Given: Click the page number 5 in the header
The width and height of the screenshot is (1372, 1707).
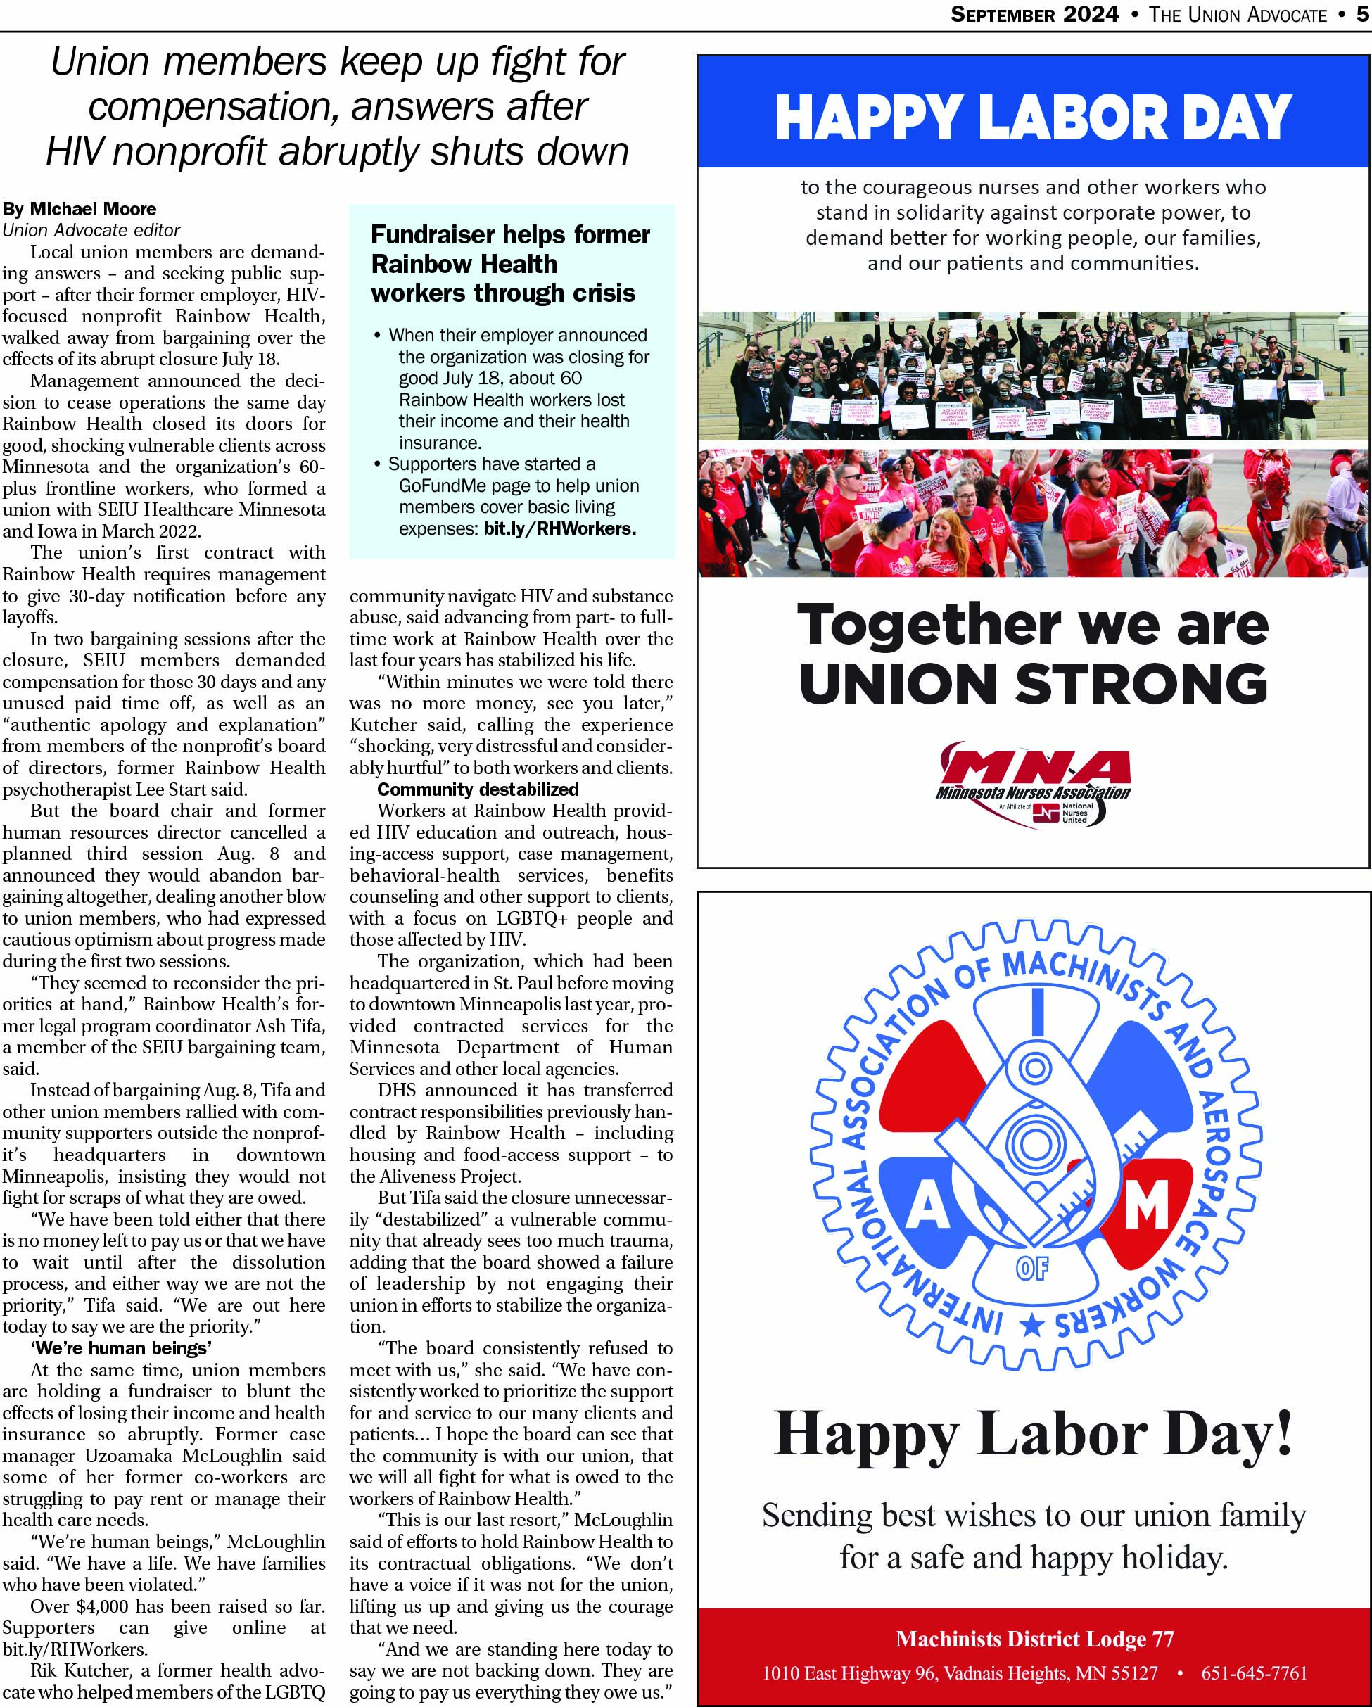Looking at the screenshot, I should (x=1361, y=14).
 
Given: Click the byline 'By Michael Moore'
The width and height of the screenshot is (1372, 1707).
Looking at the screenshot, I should (x=80, y=209).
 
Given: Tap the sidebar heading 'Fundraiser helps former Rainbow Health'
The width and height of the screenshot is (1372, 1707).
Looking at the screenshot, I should (x=510, y=248).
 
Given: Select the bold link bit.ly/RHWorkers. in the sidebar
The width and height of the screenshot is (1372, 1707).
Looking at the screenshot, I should (x=560, y=528).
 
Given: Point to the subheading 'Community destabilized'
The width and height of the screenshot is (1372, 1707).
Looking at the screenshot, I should (x=478, y=789).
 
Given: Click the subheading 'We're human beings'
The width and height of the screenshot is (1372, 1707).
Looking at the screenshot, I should (x=121, y=1348).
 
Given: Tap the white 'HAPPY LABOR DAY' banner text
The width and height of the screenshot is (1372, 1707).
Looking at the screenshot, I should (x=1032, y=118).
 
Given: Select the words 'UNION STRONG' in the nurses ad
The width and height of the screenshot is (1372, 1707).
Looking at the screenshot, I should (x=1032, y=683).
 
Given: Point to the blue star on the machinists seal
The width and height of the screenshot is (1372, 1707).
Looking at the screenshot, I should (x=1031, y=1325).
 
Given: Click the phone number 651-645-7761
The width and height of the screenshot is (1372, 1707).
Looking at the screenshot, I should (x=1254, y=1673).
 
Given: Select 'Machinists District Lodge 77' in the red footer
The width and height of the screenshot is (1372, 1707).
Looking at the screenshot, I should (x=1034, y=1639).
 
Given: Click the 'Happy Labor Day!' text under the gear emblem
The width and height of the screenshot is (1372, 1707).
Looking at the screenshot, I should (x=1032, y=1434).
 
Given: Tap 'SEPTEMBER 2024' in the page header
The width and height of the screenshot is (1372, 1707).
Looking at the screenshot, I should (x=1034, y=14).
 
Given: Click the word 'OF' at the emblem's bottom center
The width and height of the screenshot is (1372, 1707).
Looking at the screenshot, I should (x=1032, y=1269).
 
